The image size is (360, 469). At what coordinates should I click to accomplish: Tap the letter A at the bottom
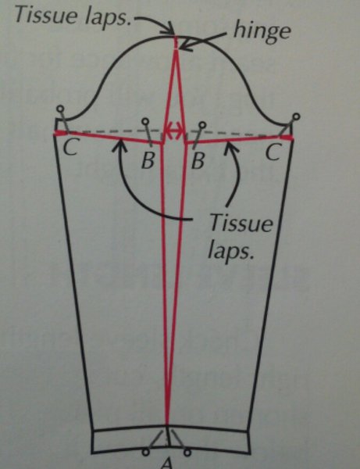[167, 463]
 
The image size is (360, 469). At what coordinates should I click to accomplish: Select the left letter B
[148, 160]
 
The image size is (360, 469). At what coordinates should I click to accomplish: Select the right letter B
[198, 160]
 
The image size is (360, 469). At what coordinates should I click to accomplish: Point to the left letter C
[70, 147]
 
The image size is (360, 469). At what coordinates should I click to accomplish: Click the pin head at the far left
[60, 108]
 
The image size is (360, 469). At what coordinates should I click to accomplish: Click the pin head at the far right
[296, 116]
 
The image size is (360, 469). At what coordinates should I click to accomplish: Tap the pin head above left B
[145, 121]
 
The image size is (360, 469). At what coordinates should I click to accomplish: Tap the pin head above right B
[202, 125]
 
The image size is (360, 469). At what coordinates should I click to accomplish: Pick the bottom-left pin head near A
[145, 452]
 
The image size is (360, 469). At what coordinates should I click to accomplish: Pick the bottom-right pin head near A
[187, 452]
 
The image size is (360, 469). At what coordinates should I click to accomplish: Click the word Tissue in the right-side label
[241, 223]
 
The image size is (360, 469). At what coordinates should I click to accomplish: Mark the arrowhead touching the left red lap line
[119, 145]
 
